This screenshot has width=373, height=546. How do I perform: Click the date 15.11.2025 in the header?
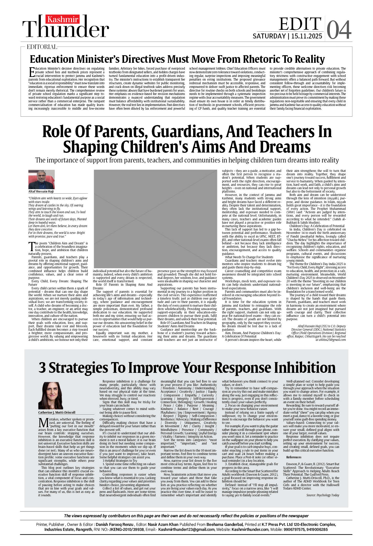(307, 36)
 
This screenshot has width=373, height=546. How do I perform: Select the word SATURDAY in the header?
(269, 36)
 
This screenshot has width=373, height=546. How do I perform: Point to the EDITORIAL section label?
(42, 47)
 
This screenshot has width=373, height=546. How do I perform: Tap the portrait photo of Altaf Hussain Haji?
(41, 179)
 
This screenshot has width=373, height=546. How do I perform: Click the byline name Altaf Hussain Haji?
(41, 192)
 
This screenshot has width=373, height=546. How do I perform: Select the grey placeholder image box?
(155, 218)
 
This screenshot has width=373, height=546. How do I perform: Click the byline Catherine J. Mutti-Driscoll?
(57, 412)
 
